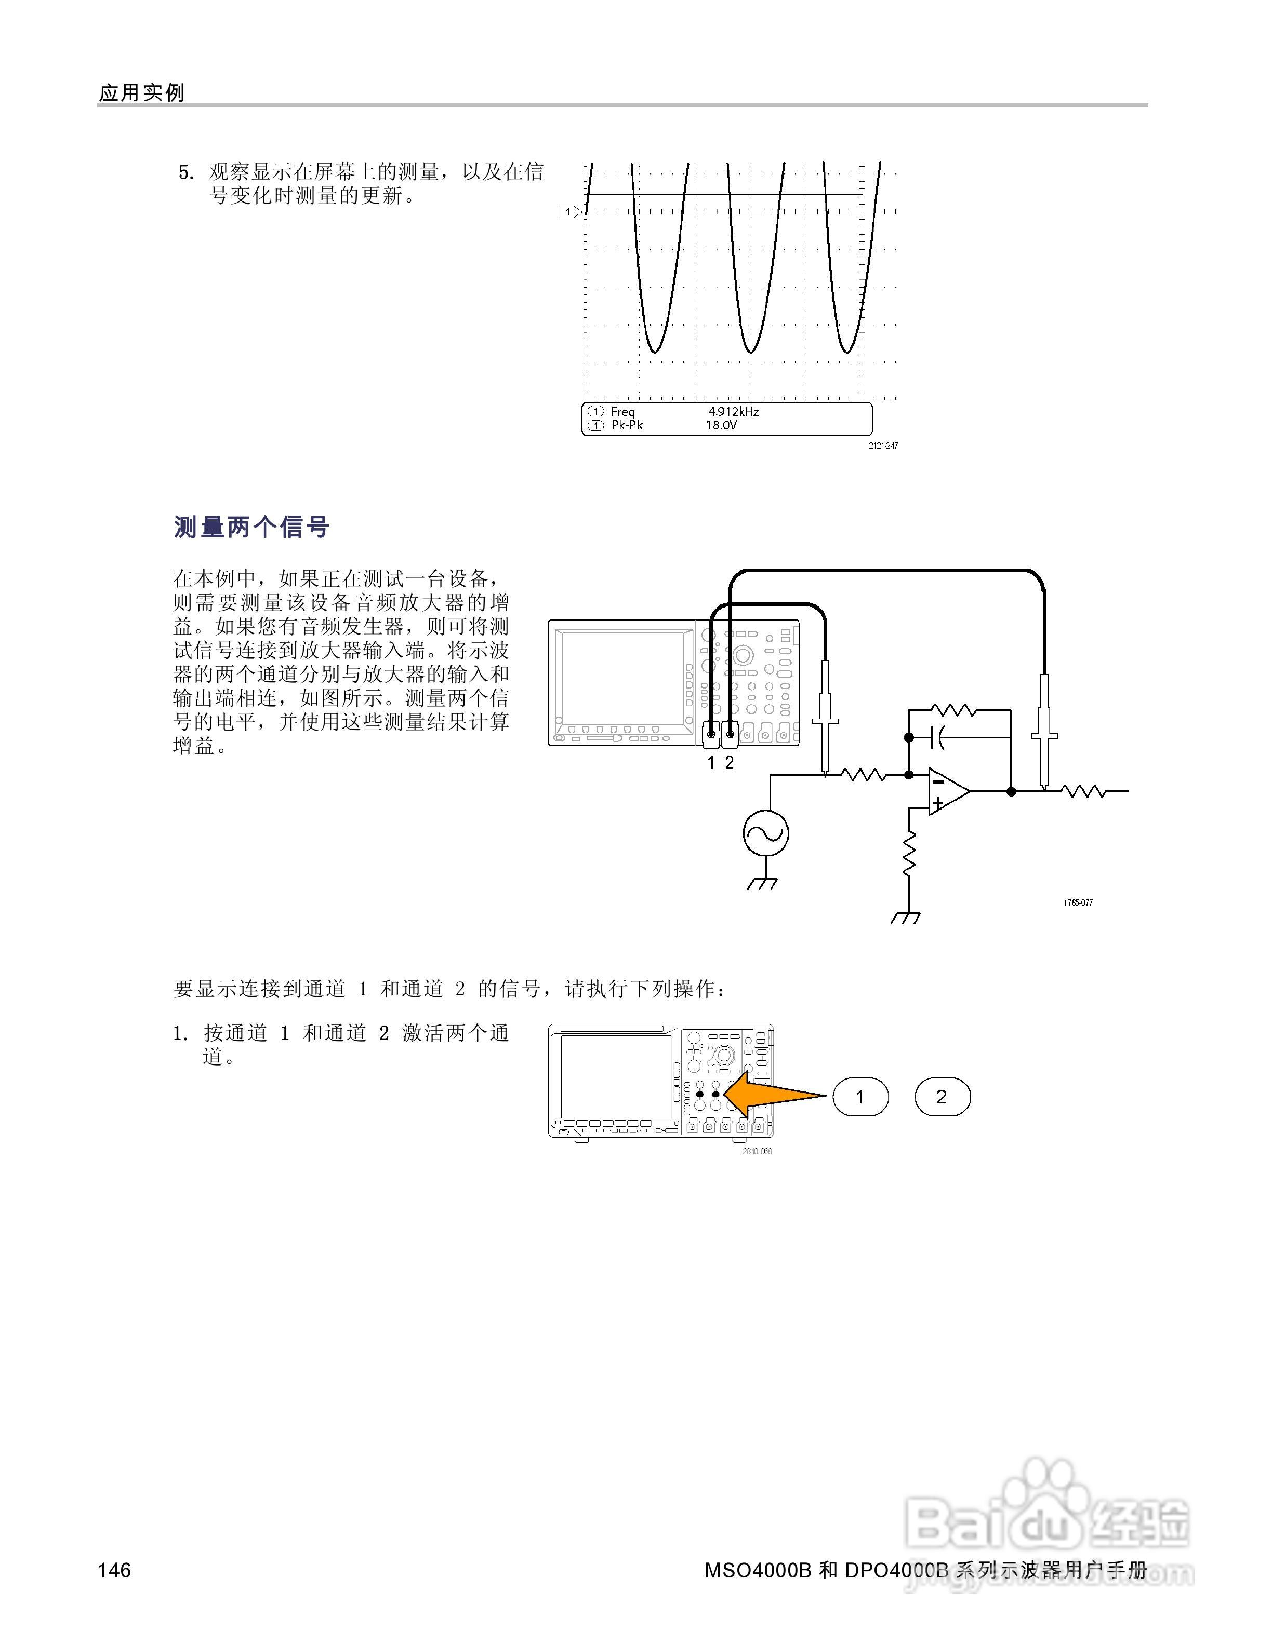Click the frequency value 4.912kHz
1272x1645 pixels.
(733, 411)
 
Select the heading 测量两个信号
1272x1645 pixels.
(251, 527)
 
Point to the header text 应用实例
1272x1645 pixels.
(142, 92)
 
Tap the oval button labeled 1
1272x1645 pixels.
(860, 1097)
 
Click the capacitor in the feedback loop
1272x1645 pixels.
(939, 737)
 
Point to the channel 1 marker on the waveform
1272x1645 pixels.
(569, 212)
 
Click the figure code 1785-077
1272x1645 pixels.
(1078, 902)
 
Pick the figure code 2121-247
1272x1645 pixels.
(882, 446)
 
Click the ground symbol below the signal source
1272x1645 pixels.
(763, 883)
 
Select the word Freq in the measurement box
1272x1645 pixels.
(622, 411)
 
